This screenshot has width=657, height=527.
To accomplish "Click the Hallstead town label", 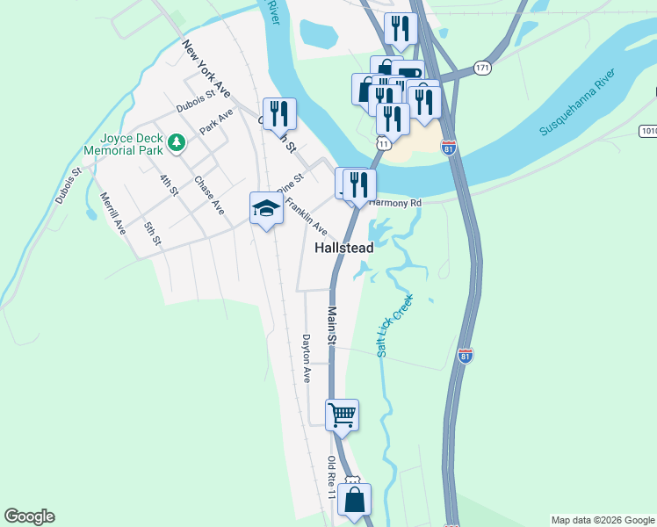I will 344,249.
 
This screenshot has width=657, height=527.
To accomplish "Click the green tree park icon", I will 177,141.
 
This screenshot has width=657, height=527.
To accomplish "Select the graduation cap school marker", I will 266,208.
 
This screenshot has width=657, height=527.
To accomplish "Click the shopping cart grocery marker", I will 342,414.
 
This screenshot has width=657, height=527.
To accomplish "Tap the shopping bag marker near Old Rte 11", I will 354,500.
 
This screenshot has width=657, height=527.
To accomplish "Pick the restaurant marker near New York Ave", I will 279,113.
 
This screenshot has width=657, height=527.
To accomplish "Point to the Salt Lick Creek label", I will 394,326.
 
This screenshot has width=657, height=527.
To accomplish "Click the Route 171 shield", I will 481,68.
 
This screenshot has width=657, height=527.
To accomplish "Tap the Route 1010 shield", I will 648,131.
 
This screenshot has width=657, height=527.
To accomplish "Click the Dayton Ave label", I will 307,358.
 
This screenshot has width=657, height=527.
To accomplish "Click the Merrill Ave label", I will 113,213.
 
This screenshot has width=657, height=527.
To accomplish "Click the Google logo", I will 29,516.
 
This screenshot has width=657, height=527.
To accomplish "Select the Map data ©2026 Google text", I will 603,520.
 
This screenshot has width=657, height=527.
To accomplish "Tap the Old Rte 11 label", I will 331,479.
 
